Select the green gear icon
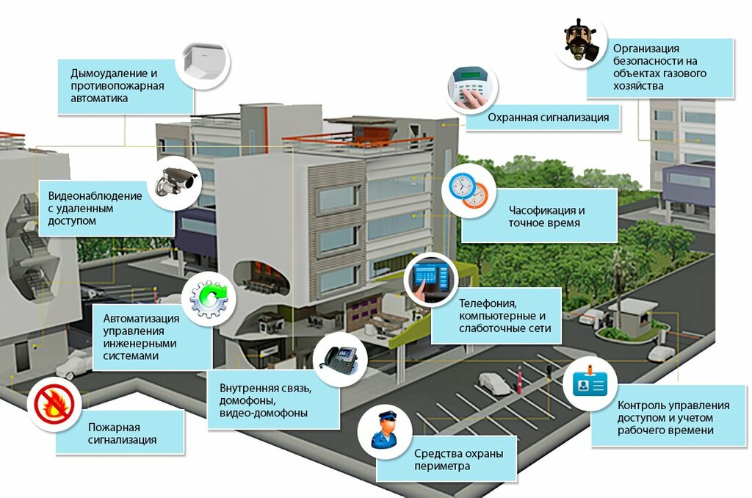[x=209, y=297]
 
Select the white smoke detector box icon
[x=203, y=65]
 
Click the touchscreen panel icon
[x=430, y=280]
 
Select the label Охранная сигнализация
[x=549, y=118]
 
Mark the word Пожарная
[x=114, y=427]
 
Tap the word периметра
[x=441, y=466]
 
